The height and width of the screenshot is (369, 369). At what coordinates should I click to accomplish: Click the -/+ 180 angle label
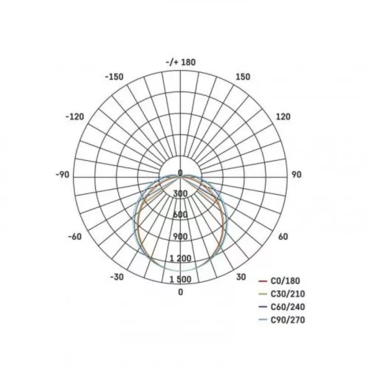click(181, 62)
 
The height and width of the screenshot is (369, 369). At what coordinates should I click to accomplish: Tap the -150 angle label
click(114, 77)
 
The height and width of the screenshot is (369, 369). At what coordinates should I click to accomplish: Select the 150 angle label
click(243, 77)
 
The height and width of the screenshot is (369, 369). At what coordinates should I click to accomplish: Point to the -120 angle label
click(75, 117)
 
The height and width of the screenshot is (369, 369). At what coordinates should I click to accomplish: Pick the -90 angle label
click(63, 175)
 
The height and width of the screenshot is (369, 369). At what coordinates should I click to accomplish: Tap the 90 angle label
click(296, 175)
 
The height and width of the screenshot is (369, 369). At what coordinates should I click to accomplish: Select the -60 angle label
click(75, 237)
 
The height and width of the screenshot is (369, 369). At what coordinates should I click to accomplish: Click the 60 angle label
click(283, 237)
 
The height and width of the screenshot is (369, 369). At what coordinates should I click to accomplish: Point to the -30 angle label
click(117, 277)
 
